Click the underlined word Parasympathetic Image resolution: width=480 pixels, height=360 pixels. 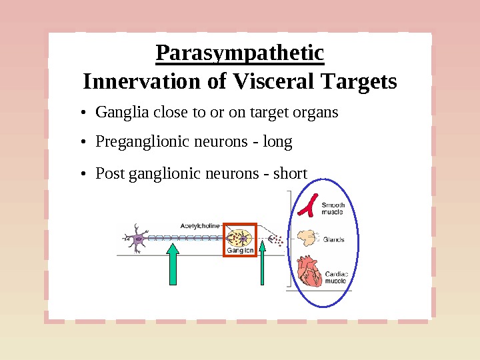tap(239, 53)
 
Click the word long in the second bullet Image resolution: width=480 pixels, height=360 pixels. tap(277, 143)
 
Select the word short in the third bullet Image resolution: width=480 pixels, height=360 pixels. tap(291, 173)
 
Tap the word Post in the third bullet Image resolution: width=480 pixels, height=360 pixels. tap(110, 173)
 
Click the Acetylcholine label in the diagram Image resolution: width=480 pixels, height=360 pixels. tap(200, 226)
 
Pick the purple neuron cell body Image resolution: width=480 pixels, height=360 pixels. tap(139, 238)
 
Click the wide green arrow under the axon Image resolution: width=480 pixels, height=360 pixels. tap(172, 264)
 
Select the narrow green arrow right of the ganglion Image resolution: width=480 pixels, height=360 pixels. tap(263, 264)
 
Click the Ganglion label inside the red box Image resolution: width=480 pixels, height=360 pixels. tap(240, 251)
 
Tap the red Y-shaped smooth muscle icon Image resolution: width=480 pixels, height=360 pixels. tap(307, 207)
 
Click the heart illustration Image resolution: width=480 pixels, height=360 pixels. tap(309, 271)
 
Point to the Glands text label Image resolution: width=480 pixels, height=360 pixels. tap(333, 239)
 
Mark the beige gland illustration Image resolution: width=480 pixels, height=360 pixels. tap(307, 237)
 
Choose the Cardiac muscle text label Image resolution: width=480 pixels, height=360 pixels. tap(336, 277)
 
